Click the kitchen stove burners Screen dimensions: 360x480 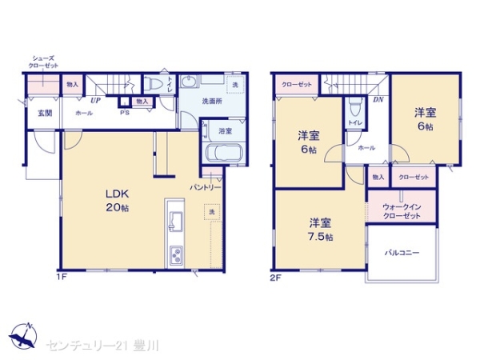pos(174,255)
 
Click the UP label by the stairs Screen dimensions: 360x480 pos(94,101)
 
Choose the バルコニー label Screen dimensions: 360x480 pos(402,253)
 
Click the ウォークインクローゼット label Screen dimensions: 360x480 pos(402,211)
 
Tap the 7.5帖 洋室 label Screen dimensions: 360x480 pos(322,229)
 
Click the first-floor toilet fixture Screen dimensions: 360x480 pos(155,84)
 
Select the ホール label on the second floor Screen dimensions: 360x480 pos(366,148)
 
